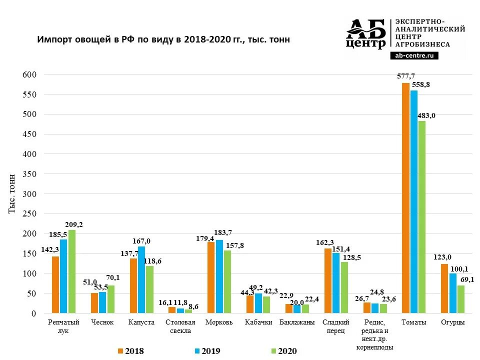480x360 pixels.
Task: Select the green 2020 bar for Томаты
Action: [421, 217]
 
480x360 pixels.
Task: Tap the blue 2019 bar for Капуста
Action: [141, 280]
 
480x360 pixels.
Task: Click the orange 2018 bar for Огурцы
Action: [444, 288]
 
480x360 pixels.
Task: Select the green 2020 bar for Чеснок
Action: [110, 299]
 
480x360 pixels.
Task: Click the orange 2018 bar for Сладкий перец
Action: [328, 281]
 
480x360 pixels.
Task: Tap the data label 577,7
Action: [405, 76]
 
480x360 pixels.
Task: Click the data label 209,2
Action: [73, 224]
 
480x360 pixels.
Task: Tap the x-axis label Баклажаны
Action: [297, 322]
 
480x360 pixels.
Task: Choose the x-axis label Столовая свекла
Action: [180, 326]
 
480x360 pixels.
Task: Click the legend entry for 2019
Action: [207, 351]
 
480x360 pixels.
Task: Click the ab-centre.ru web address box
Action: [413, 55]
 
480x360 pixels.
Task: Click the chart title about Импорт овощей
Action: [163, 39]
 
